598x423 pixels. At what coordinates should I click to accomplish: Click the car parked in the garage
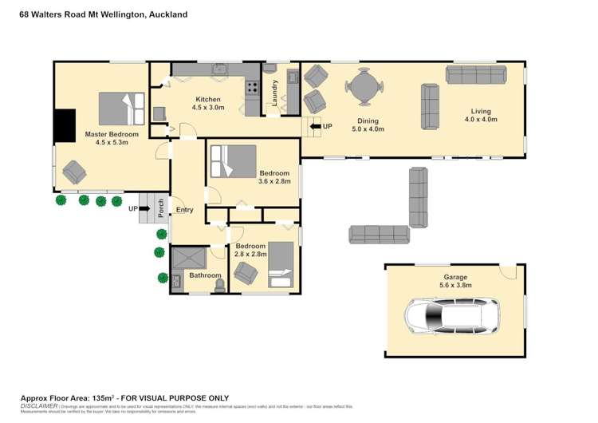tap(451, 316)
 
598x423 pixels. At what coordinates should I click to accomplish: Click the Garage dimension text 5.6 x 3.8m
tap(455, 285)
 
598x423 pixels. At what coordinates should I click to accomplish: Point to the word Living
tap(481, 112)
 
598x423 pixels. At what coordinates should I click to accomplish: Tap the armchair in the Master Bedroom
tap(75, 172)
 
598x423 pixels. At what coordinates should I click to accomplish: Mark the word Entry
tap(184, 210)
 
